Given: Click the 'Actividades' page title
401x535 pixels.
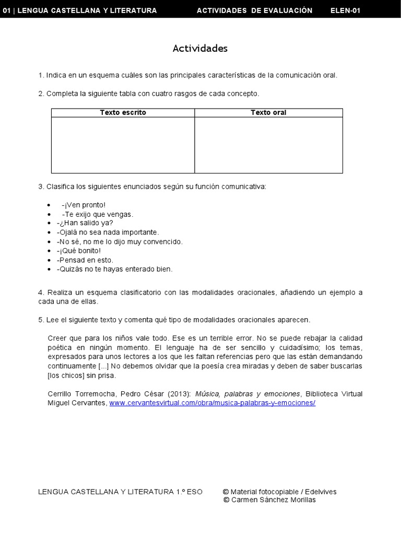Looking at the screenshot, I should point(200,49).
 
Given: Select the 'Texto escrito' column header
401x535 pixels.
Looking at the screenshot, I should point(123,112).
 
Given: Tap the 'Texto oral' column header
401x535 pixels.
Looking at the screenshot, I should point(268,112).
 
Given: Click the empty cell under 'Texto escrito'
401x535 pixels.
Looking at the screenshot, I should point(123,145).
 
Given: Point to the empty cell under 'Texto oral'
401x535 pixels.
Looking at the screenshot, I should point(268,145).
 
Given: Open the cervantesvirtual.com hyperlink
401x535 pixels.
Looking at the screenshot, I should point(213,403).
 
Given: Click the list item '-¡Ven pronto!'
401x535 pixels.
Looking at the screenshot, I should point(83,205).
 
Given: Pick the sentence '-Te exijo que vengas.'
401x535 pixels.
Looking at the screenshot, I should point(97,214).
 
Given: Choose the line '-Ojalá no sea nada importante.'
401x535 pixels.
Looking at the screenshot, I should point(107,232).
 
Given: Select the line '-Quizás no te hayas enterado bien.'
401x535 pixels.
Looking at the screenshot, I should point(114,269).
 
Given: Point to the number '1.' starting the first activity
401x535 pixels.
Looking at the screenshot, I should point(41,75).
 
